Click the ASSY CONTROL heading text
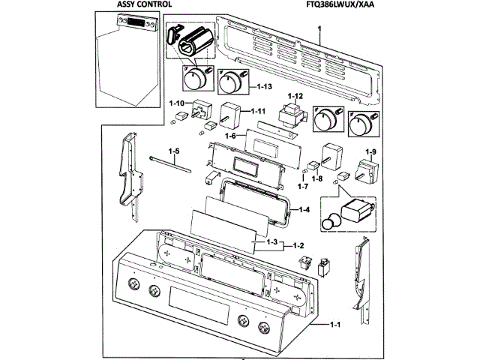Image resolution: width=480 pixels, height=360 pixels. tap(139, 5)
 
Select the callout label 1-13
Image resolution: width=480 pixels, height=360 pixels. tap(263, 87)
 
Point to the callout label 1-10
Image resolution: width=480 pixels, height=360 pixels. tap(177, 102)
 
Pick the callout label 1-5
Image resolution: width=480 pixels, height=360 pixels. tap(173, 152)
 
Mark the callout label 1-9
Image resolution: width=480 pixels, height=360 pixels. tap(370, 153)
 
